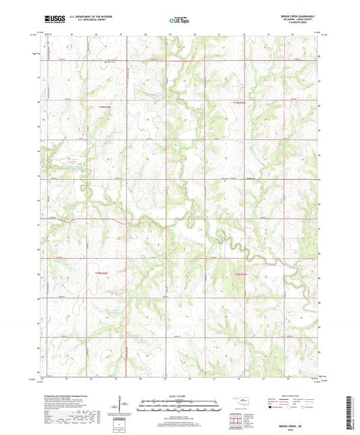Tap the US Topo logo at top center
(x=178, y=21)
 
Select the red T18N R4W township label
(x=101, y=273)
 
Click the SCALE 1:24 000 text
(x=179, y=395)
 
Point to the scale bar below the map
(x=179, y=407)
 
